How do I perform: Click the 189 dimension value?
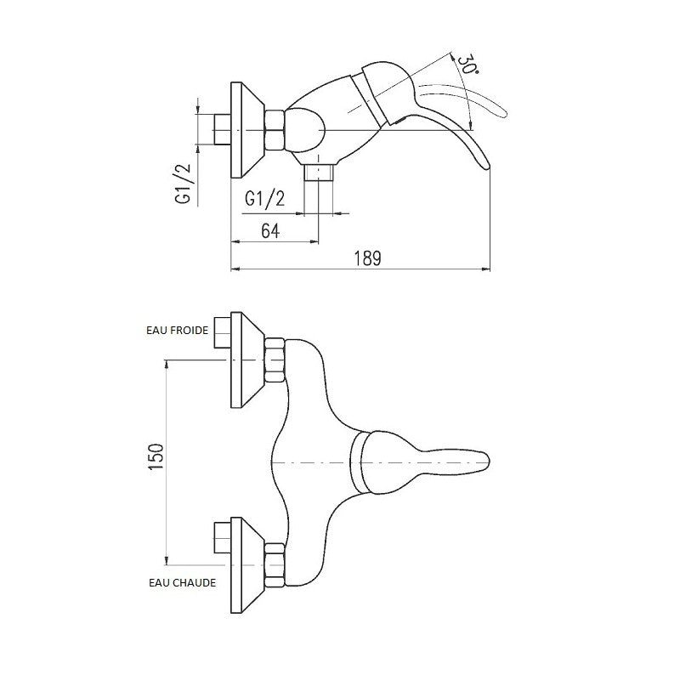pyautogui.click(x=367, y=258)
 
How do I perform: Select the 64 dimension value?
pyautogui.click(x=271, y=230)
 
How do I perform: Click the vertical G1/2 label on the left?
pyautogui.click(x=181, y=184)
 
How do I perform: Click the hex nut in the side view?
pyautogui.click(x=275, y=131)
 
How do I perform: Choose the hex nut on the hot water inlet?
pyautogui.click(x=275, y=564)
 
